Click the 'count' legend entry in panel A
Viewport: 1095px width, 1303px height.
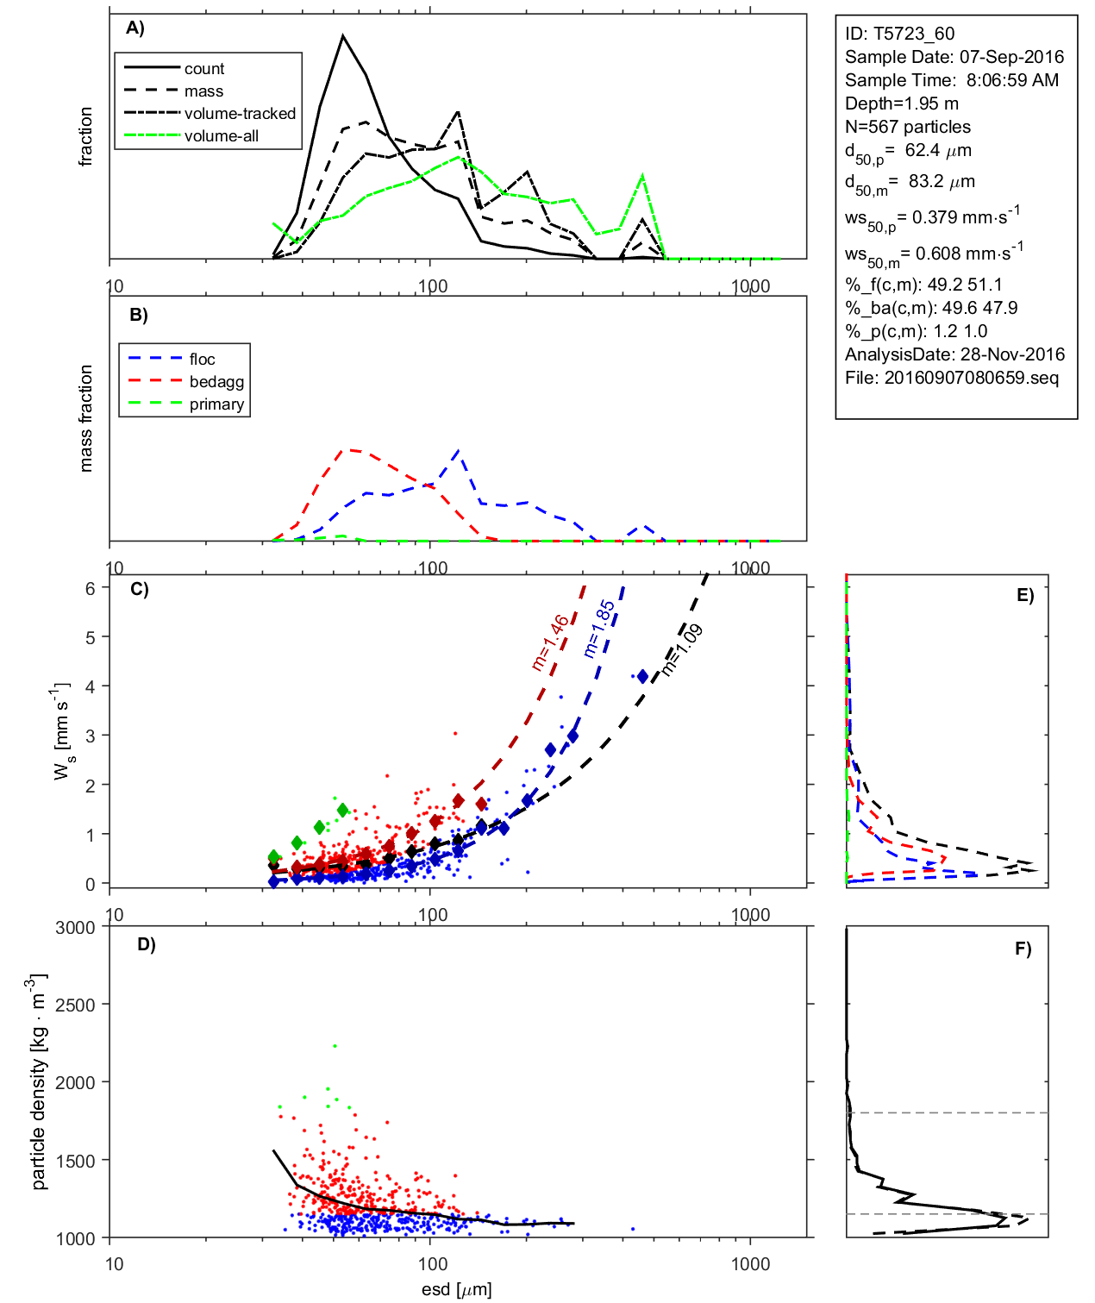(203, 69)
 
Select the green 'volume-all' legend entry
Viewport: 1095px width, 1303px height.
(221, 136)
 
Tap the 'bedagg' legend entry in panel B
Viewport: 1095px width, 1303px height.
(216, 382)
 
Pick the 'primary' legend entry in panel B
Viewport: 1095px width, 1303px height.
(216, 404)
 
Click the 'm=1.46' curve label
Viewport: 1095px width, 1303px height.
(550, 642)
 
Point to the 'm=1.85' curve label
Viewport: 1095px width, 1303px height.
(599, 629)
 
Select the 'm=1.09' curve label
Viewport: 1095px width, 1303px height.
(682, 649)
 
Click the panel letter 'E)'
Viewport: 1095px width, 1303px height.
(1024, 595)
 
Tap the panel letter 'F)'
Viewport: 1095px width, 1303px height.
(1023, 949)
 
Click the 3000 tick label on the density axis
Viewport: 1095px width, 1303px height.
(75, 928)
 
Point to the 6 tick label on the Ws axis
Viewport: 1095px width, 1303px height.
(90, 588)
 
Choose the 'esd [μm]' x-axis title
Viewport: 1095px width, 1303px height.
(456, 1289)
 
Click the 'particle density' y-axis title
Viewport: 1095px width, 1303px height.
(38, 1082)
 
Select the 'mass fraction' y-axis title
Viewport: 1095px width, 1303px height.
(85, 418)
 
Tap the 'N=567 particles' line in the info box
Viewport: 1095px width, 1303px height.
(907, 127)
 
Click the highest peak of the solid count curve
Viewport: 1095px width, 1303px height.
(343, 36)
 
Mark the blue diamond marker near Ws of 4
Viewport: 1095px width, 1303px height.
(642, 677)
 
